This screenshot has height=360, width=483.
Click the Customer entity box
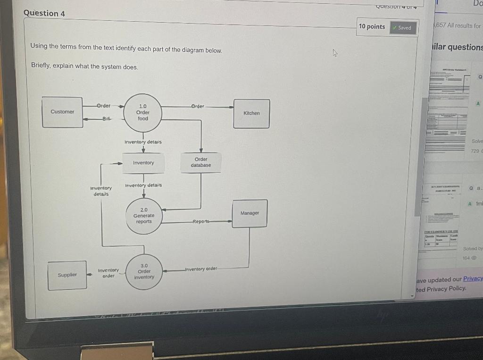62,112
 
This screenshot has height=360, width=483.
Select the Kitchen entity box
251,113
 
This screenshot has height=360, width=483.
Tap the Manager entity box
250,213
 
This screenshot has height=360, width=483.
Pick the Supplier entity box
67,275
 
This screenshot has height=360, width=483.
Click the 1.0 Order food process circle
143,112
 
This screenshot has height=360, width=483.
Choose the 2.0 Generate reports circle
144,216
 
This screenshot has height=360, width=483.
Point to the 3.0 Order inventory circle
144,271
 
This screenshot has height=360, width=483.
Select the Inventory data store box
143,163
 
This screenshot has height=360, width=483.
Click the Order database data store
201,162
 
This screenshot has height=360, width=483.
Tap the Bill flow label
106,118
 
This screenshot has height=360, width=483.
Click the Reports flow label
201,221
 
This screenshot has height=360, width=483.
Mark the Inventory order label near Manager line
201,269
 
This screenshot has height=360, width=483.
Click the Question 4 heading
44,13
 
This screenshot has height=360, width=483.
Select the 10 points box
372,27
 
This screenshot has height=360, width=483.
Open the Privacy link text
473,279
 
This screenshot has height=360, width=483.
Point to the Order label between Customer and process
104,106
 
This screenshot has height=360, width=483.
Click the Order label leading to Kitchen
198,107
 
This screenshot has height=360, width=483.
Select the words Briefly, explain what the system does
85,67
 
